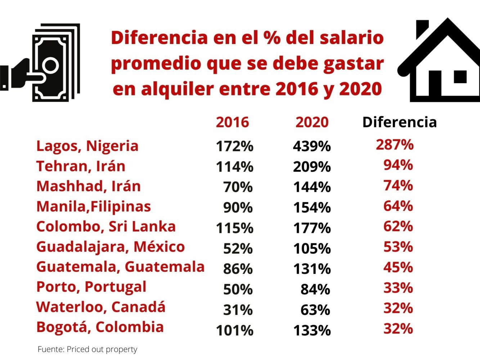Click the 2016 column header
[x=232, y=122]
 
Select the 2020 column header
[x=312, y=122]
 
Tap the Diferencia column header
[x=399, y=122]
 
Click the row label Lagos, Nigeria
[x=87, y=146]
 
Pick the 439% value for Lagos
[x=312, y=147]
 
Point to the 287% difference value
[x=395, y=145]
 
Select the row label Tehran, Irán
[x=81, y=166]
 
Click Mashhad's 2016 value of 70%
[x=238, y=187]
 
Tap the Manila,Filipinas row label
[x=94, y=207]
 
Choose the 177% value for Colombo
[x=312, y=228]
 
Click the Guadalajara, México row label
[x=111, y=247]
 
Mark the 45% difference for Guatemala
[x=398, y=267]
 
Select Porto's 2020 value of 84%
[x=315, y=289]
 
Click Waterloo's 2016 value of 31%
[x=238, y=310]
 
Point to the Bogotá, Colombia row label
[x=100, y=327]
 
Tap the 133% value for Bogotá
[x=312, y=330]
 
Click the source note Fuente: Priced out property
[x=88, y=349]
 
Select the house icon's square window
[x=460, y=77]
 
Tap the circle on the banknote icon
[x=50, y=66]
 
